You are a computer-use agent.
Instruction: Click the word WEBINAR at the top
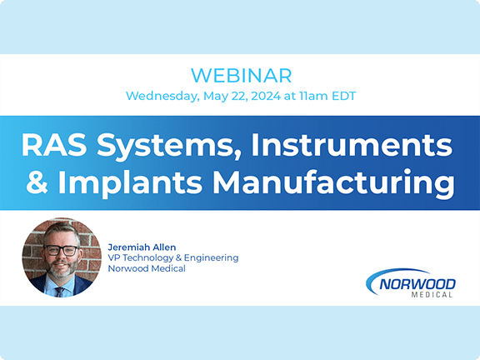[x=241, y=75]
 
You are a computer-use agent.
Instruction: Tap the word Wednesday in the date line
[x=162, y=96]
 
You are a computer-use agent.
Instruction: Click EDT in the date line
[x=344, y=96]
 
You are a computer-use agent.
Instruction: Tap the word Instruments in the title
[x=352, y=145]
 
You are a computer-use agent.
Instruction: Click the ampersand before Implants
[x=37, y=182]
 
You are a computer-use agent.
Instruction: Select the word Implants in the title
[x=130, y=183]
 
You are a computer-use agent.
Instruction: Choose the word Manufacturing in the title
[x=333, y=183]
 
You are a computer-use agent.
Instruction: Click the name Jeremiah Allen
[x=142, y=247]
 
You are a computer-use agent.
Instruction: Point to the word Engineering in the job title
[x=211, y=258]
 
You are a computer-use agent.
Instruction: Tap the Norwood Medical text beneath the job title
[x=147, y=268]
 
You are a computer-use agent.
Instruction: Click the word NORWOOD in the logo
[x=417, y=284]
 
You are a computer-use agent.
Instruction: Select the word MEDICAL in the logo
[x=432, y=295]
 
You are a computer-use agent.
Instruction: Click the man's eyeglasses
[x=61, y=250]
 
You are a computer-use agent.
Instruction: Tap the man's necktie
[x=60, y=292]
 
